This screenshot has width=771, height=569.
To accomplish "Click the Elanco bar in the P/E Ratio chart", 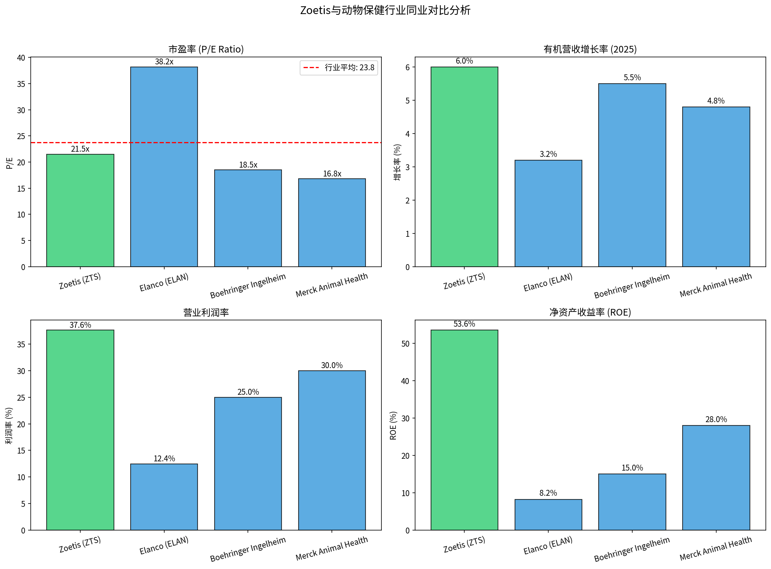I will pos(164,166).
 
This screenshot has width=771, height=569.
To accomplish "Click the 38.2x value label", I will pos(164,62).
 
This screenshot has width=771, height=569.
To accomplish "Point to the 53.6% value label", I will pos(464,324).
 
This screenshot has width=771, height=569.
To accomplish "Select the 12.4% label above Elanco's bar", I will pos(164,459).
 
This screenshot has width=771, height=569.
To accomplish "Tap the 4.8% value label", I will pos(716,101).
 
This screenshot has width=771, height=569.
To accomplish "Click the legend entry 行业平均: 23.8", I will pos(339,68).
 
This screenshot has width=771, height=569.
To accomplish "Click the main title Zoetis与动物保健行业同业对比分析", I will pos(385,10).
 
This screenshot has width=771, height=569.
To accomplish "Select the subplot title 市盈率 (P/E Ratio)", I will pos(206,49).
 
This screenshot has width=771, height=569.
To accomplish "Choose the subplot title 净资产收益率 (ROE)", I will pos(590,312).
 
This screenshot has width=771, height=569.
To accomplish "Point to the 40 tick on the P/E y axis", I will pos(21,58).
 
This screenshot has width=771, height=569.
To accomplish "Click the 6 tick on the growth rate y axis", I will pos(407,67).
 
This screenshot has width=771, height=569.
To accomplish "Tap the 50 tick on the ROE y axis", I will pos(405,344).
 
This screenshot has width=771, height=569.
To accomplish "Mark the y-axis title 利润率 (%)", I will pos(9,425).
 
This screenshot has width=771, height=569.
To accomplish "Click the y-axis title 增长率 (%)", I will pos(397,162).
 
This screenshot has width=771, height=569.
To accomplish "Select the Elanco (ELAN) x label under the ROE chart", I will pos(548,546).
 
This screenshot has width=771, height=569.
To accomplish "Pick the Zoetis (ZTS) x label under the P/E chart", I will pos(80,281).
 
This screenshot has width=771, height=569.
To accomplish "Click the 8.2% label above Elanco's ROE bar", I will pos(548,493).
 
